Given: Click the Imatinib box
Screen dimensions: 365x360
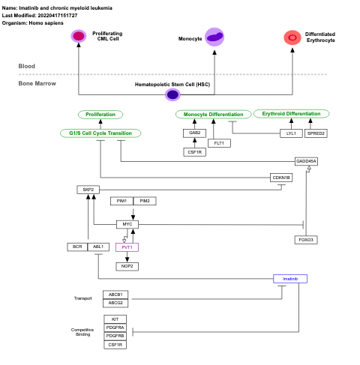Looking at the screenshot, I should [x=290, y=279].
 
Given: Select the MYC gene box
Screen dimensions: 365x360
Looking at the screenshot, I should [x=127, y=224].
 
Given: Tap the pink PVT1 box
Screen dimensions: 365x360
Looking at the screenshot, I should [x=127, y=247].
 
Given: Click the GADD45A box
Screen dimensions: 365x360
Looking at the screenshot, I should [x=306, y=161].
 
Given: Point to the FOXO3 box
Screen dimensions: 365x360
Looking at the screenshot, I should [x=305, y=239].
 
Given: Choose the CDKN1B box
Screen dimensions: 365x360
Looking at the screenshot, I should [x=281, y=178].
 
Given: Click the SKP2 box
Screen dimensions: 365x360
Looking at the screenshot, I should [x=88, y=190].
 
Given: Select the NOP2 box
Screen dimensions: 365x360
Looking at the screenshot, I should [x=127, y=266].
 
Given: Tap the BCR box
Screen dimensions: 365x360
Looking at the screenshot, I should [x=76, y=247].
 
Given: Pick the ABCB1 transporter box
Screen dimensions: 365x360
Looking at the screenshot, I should [x=115, y=295].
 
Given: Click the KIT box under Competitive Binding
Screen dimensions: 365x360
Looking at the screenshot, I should [x=115, y=319].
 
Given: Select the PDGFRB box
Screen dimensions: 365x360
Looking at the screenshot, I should [x=115, y=336].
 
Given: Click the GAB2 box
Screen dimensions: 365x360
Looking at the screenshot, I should [x=193, y=133].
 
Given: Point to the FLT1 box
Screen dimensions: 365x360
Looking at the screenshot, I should [x=219, y=142].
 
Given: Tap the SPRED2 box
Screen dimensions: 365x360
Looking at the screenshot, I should [x=316, y=133].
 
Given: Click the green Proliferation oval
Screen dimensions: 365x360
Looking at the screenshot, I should [x=100, y=115].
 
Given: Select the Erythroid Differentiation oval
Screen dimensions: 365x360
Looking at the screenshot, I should [x=291, y=114].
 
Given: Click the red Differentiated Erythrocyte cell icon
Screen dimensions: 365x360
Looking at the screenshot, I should [x=292, y=37].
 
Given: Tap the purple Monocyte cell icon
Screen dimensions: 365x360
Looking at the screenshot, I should [x=214, y=37].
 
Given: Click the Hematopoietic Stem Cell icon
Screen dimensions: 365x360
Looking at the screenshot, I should [x=172, y=94].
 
